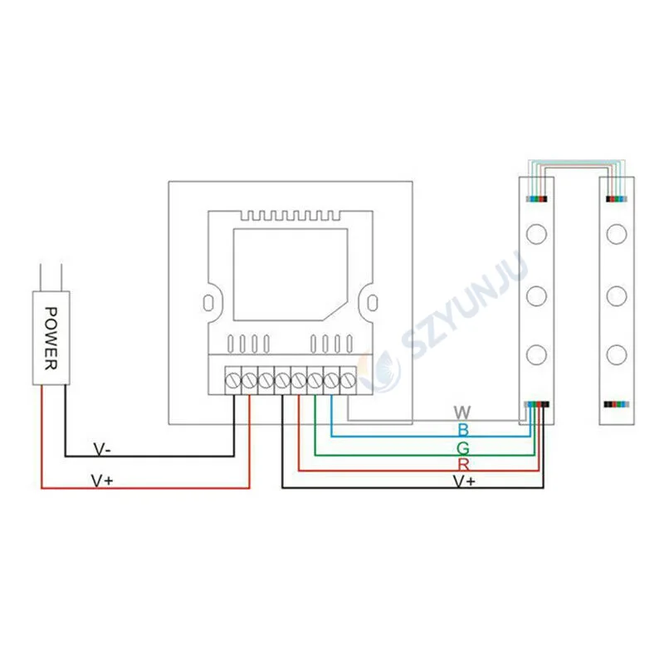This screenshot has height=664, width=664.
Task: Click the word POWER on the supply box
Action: [51, 339]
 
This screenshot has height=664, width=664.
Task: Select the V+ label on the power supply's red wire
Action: [100, 481]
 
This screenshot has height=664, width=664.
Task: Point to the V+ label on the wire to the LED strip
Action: [464, 481]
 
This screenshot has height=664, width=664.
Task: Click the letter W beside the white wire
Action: [462, 412]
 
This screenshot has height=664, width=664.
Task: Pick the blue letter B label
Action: [463, 429]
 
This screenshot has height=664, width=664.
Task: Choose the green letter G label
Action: [463, 447]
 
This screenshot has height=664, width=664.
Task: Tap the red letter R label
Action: [463, 463]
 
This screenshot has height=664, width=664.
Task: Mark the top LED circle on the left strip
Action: [535, 233]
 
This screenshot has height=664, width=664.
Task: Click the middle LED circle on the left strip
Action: [535, 294]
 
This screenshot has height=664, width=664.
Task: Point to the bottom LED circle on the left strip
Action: [535, 354]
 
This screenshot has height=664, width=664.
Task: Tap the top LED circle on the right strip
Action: [615, 233]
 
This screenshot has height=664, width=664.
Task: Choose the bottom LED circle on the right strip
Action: [615, 354]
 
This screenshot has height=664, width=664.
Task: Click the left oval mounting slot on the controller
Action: [210, 300]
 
